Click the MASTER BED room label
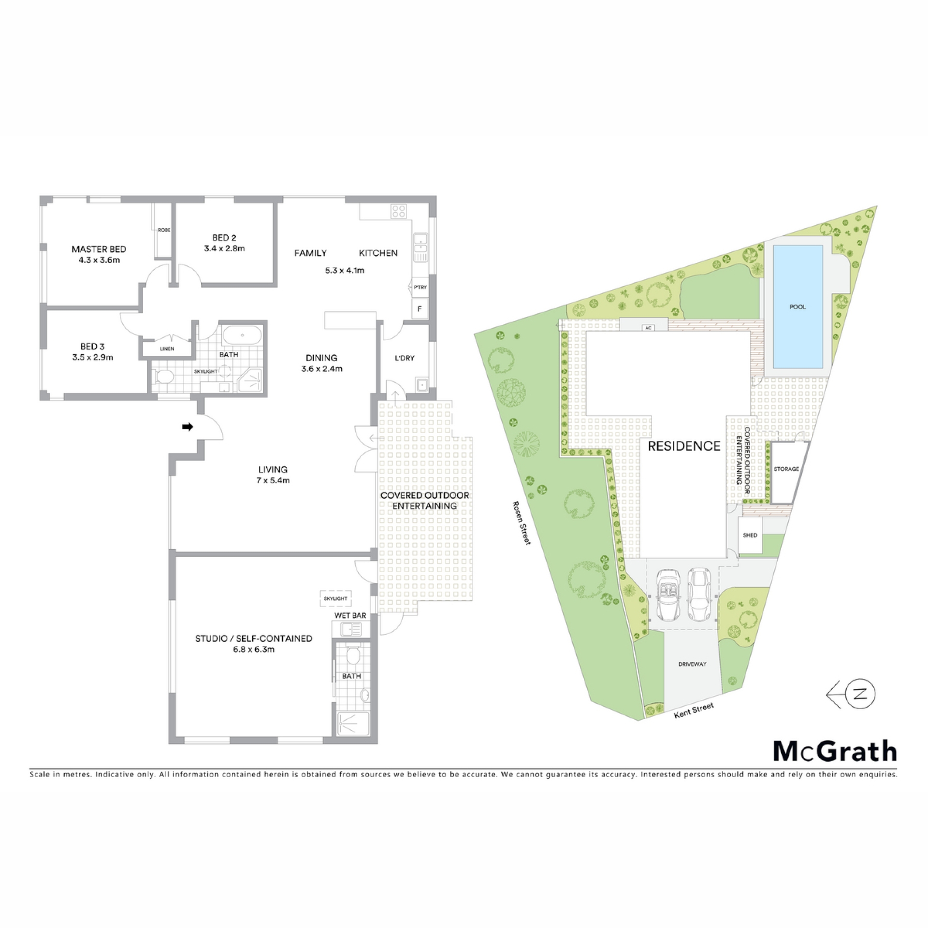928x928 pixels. click(99, 249)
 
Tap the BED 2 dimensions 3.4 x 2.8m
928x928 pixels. click(224, 249)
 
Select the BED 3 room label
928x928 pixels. click(92, 347)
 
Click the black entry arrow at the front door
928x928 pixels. click(188, 427)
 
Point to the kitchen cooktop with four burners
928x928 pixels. click(399, 211)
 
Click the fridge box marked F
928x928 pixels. click(420, 308)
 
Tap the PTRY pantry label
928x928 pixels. click(420, 288)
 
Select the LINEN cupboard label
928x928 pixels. click(167, 349)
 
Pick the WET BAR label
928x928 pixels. click(350, 616)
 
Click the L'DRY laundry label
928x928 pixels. click(405, 358)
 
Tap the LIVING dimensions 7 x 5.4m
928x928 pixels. click(273, 481)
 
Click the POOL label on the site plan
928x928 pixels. click(797, 307)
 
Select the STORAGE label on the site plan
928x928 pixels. click(786, 469)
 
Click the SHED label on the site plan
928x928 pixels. click(750, 535)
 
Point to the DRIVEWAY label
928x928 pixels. click(692, 664)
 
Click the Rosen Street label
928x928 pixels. click(522, 522)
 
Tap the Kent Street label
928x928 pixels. click(694, 710)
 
